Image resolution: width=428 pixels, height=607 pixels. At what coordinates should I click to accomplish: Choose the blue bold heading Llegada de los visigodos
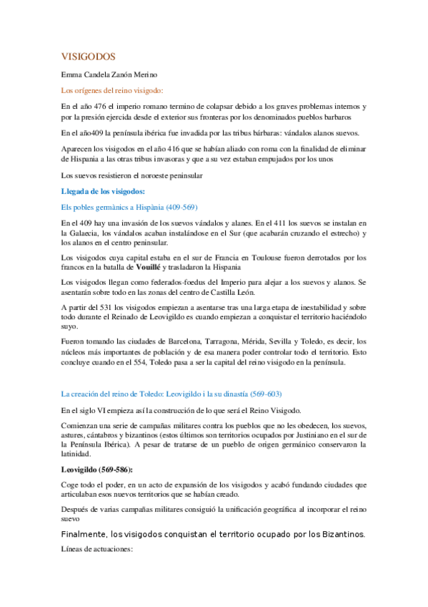click(x=104, y=191)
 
